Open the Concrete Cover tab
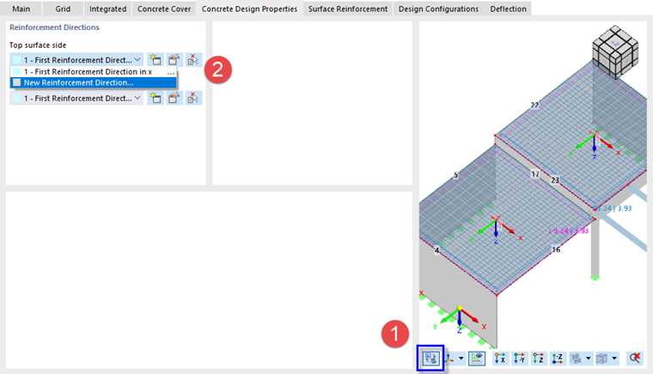[x=164, y=9]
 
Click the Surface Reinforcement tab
[x=348, y=9]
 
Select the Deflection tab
[x=509, y=9]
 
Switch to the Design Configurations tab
[x=438, y=9]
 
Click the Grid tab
[x=63, y=9]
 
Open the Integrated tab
[x=107, y=9]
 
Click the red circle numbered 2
[x=217, y=71]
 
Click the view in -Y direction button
[x=518, y=359]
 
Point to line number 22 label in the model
[x=534, y=106]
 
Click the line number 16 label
[x=556, y=250]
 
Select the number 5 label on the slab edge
[x=455, y=175]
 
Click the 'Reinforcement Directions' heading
[x=54, y=27]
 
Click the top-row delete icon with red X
[x=194, y=60]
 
